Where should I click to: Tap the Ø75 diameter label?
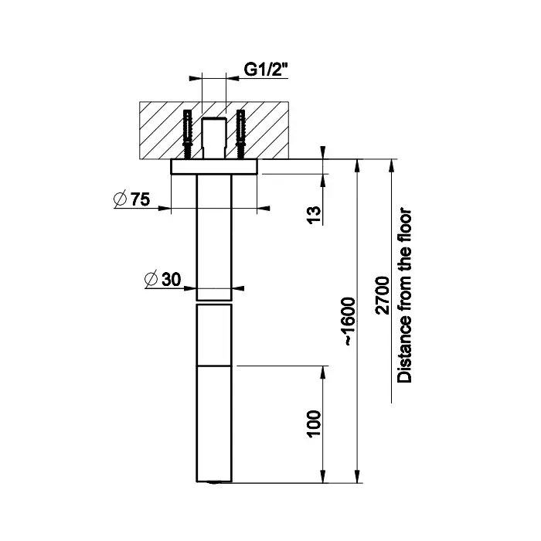pos(132,199)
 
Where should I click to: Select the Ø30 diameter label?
pos(163,279)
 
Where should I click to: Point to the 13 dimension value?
pos(315,215)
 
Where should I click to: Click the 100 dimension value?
pos(315,424)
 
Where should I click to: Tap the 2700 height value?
pos(383,295)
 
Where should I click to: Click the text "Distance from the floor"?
pos(404,296)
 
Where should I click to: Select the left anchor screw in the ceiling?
pos(187,134)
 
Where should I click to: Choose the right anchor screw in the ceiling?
pos(240,134)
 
